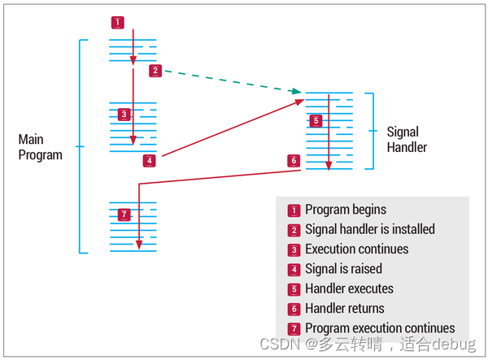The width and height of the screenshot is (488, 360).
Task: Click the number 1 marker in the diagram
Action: point(118,23)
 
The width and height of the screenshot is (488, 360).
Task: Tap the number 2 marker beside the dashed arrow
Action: point(155,71)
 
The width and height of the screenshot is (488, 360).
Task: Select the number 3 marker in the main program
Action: point(124,115)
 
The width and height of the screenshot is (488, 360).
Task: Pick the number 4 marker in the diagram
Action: point(149,160)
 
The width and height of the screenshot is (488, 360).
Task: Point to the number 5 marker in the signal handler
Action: point(316,121)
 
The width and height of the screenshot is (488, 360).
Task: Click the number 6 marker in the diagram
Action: point(294,160)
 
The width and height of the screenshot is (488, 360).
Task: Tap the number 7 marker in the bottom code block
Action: point(124,215)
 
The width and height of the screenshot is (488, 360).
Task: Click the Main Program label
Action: point(40,147)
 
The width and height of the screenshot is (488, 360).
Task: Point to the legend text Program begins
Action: point(345,210)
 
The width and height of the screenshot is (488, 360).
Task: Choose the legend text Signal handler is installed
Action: point(369,229)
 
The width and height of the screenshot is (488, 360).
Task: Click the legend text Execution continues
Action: point(356,249)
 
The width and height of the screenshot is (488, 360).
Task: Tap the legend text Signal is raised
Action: point(343,269)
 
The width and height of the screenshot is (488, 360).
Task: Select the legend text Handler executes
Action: point(349,288)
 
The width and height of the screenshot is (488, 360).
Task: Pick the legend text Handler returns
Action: point(344,308)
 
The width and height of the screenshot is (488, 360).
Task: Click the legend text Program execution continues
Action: point(379,328)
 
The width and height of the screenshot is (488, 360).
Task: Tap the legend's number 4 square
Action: point(294,269)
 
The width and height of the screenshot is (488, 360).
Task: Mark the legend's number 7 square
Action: point(294,328)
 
